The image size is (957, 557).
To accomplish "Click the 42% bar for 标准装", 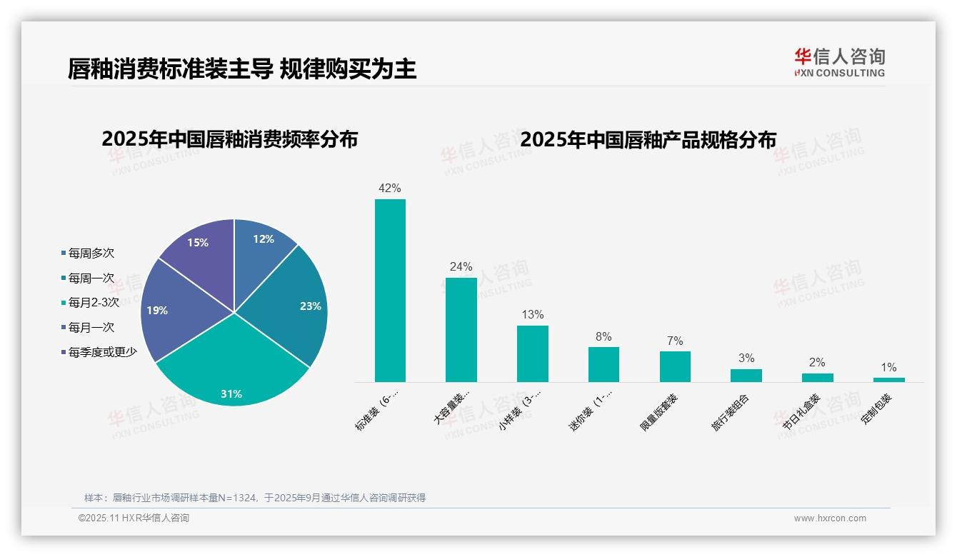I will (390, 290).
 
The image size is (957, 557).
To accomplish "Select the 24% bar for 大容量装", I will (461, 329).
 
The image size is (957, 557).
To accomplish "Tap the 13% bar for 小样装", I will (532, 353).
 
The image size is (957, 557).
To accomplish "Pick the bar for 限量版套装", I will (675, 366).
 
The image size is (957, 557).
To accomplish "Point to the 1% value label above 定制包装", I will (888, 367).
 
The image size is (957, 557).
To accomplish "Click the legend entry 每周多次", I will (91, 254).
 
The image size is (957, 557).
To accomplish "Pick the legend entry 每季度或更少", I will (102, 352).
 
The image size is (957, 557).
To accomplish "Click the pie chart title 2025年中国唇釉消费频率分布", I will (229, 139).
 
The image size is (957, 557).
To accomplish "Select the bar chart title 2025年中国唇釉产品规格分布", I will (648, 139).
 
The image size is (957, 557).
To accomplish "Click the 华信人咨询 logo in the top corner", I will (839, 63).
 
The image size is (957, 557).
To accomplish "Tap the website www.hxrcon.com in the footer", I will (830, 518).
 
